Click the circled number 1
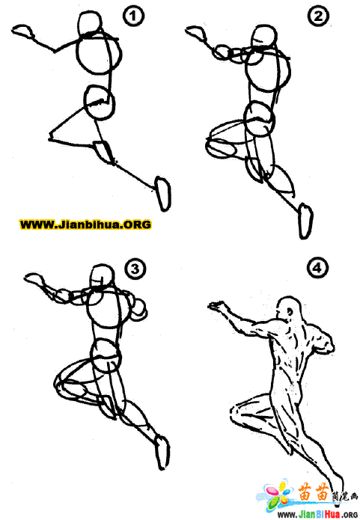point(133,16)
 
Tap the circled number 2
point(318,16)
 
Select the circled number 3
point(135,269)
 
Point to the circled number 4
point(317,268)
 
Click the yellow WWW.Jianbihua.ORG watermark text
point(85,224)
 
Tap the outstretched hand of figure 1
point(22,31)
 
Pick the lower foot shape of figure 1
point(163,194)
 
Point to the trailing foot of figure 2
point(305,221)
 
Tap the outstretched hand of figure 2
point(196,32)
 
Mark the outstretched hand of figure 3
point(34,279)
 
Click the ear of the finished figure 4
point(290,312)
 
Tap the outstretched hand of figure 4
point(216,306)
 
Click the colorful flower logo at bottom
point(277,495)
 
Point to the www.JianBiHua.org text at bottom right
point(317,514)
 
